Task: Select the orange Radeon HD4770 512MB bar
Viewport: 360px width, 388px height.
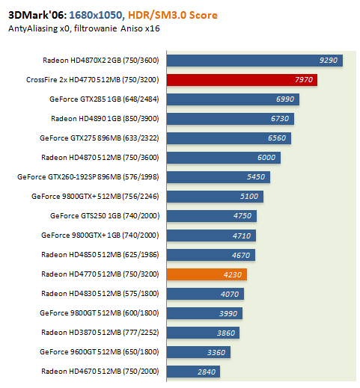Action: click(x=207, y=275)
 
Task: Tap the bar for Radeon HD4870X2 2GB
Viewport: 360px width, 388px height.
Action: click(x=254, y=60)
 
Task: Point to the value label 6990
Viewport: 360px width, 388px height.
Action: click(x=285, y=99)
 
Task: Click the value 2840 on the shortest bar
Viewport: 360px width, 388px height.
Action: click(x=205, y=372)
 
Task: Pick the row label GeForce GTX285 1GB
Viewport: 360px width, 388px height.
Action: click(x=106, y=99)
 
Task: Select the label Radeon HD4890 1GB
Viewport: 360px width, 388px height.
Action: click(x=106, y=118)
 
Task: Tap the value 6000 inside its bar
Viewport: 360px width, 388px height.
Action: click(x=266, y=158)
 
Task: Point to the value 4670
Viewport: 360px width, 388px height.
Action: click(x=241, y=255)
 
